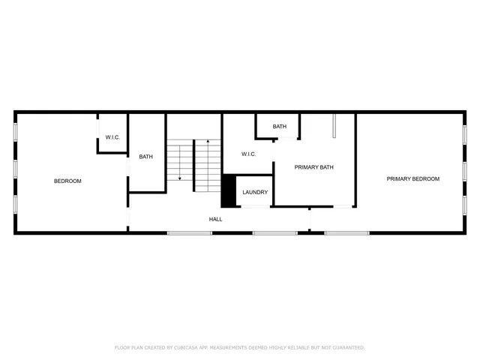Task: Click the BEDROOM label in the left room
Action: pos(67,181)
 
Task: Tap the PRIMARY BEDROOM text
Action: pos(412,178)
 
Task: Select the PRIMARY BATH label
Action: pos(313,167)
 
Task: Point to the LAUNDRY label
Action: pos(255,192)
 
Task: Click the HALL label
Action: pos(215,219)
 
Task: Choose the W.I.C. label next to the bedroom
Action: pos(112,137)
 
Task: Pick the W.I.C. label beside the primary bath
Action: pos(249,154)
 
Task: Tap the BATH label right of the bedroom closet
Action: pos(145,157)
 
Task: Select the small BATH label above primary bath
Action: pos(279,127)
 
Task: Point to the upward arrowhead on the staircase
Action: pos(208,141)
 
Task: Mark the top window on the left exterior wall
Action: pos(15,131)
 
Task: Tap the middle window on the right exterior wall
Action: pos(465,172)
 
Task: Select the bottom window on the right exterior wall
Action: pos(465,206)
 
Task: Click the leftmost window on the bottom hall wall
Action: pos(189,233)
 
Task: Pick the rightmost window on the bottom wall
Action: pos(346,233)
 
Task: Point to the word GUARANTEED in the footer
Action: pos(345,348)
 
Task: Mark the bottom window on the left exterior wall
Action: pos(15,205)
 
